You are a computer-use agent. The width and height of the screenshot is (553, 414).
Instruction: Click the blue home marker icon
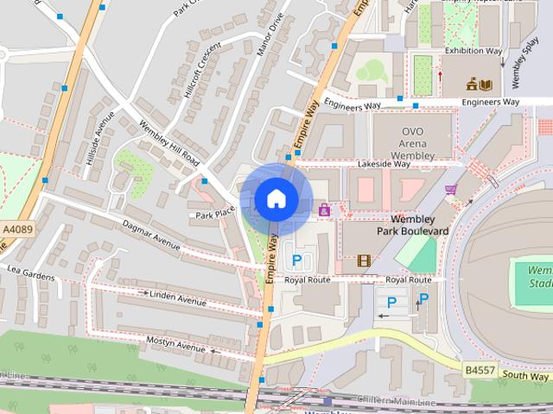point(275,198)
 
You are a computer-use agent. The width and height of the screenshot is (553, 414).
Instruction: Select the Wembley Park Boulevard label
point(412,225)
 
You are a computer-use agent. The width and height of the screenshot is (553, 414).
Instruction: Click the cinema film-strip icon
point(364,260)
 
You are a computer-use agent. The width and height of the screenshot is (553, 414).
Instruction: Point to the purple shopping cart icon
point(449,190)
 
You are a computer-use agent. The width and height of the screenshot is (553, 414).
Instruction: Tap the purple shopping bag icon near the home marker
point(325,209)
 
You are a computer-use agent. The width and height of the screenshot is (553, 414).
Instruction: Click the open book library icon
point(486,84)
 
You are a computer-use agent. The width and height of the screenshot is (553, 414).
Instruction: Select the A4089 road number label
point(15,229)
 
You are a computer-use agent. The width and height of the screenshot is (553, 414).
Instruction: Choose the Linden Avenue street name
point(177,298)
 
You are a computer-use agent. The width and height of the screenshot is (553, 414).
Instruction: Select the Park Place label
point(215,214)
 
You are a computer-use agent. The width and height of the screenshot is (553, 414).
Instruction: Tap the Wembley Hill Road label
point(169,143)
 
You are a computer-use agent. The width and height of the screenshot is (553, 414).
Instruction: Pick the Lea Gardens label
point(31,273)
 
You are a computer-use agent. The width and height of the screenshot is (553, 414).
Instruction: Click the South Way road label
point(525,376)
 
